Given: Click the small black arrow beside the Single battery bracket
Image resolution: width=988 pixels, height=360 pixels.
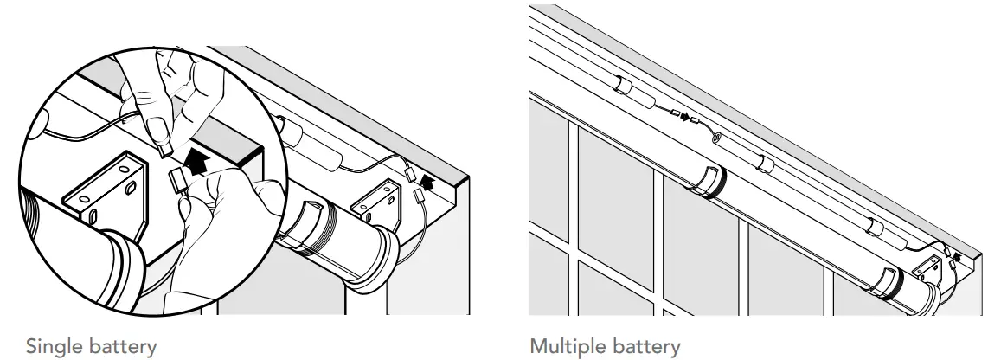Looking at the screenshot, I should click(425, 183).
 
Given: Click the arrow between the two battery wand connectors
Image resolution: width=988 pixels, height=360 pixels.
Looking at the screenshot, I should click(686, 117).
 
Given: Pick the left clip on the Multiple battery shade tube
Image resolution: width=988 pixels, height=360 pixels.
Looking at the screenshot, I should click(708, 177).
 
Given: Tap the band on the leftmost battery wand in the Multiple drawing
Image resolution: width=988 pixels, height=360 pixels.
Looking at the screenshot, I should click(621, 85).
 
